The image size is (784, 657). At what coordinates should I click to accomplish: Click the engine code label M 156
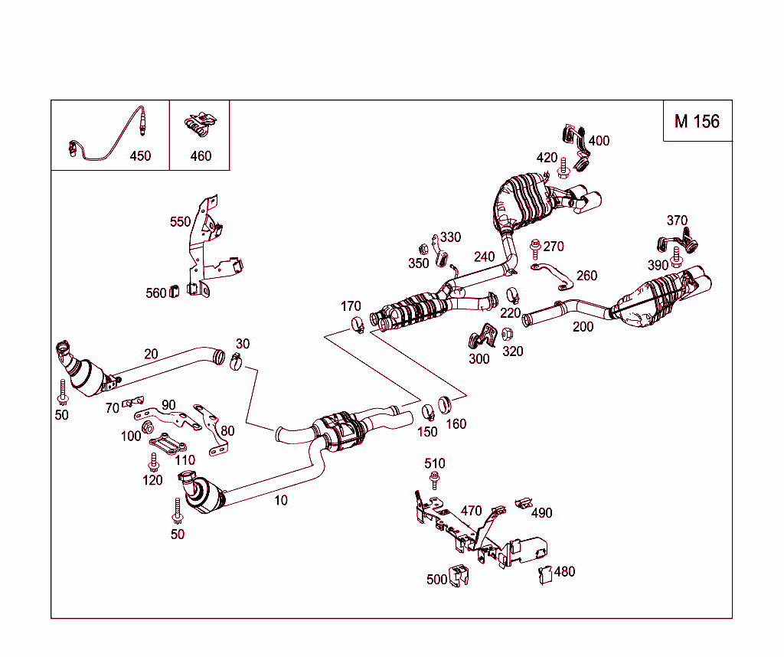click(697, 121)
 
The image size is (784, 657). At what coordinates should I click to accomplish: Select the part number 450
click(140, 155)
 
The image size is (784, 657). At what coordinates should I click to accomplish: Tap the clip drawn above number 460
click(200, 125)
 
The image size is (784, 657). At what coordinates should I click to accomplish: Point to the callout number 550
click(180, 222)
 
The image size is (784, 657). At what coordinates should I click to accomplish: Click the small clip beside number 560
click(173, 291)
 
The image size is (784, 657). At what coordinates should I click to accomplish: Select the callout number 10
click(281, 500)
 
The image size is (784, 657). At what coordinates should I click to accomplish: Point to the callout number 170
click(351, 307)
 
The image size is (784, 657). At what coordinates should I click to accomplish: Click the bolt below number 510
click(434, 481)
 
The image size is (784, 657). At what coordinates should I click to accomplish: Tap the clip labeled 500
click(459, 575)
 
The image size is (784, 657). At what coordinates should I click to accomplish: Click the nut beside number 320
click(507, 334)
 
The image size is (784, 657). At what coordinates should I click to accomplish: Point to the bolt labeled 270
click(534, 247)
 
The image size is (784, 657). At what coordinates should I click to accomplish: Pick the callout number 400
click(599, 141)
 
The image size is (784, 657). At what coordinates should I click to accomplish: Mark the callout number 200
click(583, 326)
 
